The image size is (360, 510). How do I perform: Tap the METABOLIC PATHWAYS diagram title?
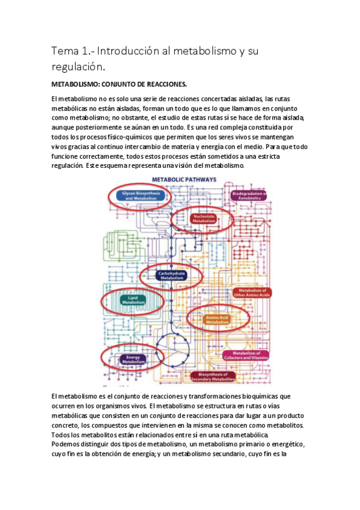[179, 179]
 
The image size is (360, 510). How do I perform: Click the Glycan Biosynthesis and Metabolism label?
[135, 195]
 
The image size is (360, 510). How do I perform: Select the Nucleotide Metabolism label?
[204, 218]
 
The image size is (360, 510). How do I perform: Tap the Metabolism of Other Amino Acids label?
[252, 293]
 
